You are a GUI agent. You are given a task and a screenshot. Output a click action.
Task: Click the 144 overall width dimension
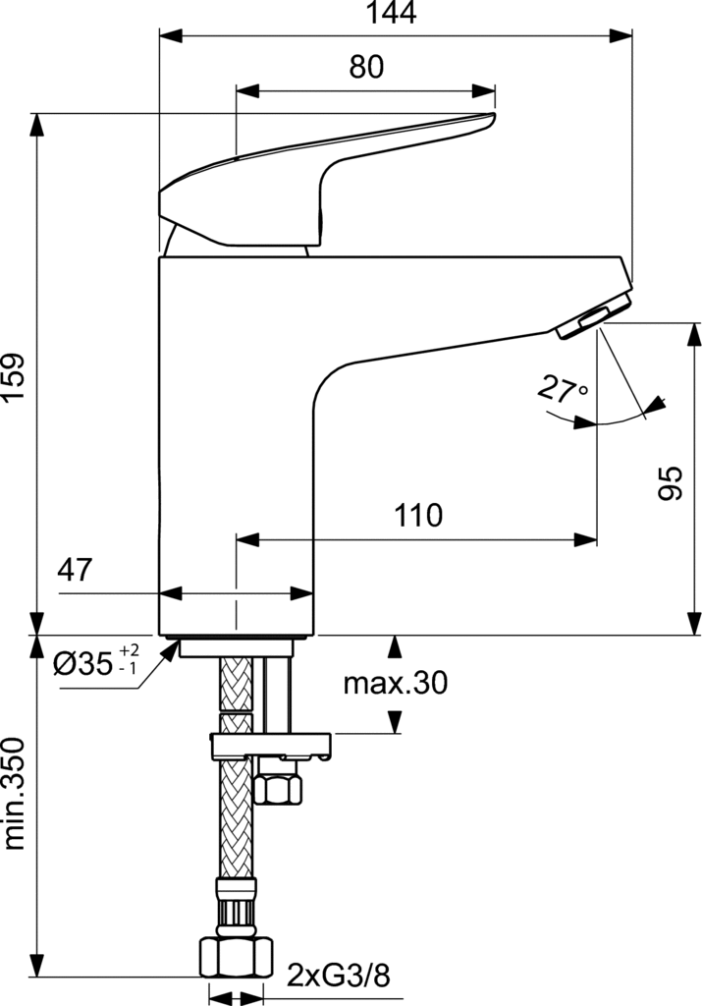click(391, 12)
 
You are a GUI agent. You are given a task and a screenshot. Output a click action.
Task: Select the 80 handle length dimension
click(366, 67)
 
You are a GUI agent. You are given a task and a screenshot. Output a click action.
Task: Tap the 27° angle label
click(563, 389)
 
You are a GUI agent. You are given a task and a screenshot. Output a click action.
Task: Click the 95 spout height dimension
click(672, 483)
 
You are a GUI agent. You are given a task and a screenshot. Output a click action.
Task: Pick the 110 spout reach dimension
click(418, 515)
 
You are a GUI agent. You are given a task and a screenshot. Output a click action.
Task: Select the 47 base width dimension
click(75, 570)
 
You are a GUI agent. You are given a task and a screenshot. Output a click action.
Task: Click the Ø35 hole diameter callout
click(95, 663)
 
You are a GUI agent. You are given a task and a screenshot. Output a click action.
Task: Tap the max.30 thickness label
click(395, 684)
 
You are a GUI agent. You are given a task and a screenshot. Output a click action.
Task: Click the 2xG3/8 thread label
click(338, 977)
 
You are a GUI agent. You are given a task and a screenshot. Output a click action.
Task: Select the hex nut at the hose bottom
click(237, 956)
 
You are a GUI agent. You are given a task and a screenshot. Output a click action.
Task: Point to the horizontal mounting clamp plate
click(271, 747)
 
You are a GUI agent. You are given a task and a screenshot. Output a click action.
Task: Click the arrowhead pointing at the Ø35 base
click(171, 650)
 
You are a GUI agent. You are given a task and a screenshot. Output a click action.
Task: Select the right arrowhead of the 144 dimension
click(621, 36)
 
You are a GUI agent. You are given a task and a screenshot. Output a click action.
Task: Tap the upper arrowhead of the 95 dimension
click(694, 336)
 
